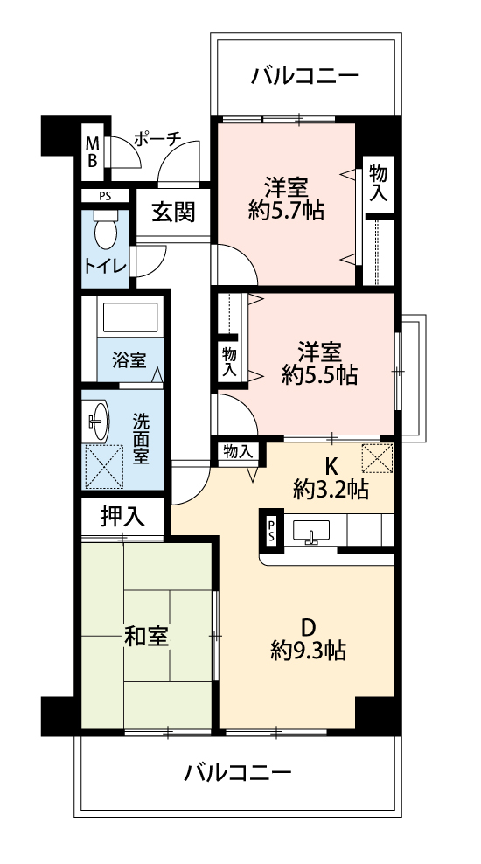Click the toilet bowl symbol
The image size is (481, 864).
105,230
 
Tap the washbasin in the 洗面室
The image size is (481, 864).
98,422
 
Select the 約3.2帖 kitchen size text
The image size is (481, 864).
331,489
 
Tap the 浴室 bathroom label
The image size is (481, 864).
129,361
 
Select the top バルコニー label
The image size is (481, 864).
304,75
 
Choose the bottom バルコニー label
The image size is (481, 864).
238,773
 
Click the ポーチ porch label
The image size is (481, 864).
157,139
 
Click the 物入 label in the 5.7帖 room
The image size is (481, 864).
379,183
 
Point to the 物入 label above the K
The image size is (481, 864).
238,452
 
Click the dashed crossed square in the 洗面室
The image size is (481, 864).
104,466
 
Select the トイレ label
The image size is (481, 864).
105,266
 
